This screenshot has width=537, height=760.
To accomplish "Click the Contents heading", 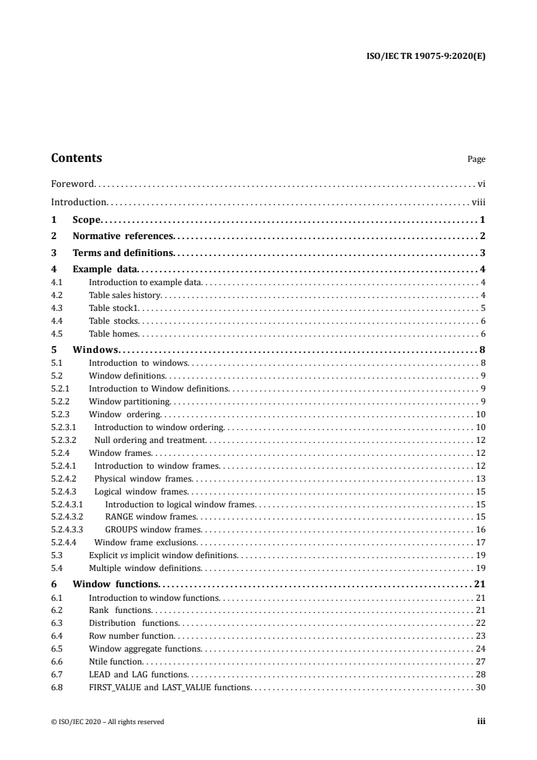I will [77, 158].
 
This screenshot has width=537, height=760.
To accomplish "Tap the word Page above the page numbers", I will [476, 160].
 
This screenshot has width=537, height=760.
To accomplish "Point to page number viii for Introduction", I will [478, 202].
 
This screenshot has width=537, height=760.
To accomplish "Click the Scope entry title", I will [86, 219].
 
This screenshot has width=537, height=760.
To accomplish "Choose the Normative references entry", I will [123, 236].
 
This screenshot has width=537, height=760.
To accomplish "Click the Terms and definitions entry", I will [123, 253].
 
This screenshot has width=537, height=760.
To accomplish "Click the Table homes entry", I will [114, 333].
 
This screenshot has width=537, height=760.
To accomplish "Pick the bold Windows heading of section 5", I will [95, 350].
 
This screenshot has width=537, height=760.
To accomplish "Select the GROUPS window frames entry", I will [153, 530].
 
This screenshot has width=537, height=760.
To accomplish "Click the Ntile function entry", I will [116, 661].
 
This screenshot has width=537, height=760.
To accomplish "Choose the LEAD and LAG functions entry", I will [138, 675].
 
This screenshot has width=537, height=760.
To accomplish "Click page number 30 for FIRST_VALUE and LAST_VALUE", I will [480, 688].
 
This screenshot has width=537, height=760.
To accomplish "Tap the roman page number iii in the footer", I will [481, 721].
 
